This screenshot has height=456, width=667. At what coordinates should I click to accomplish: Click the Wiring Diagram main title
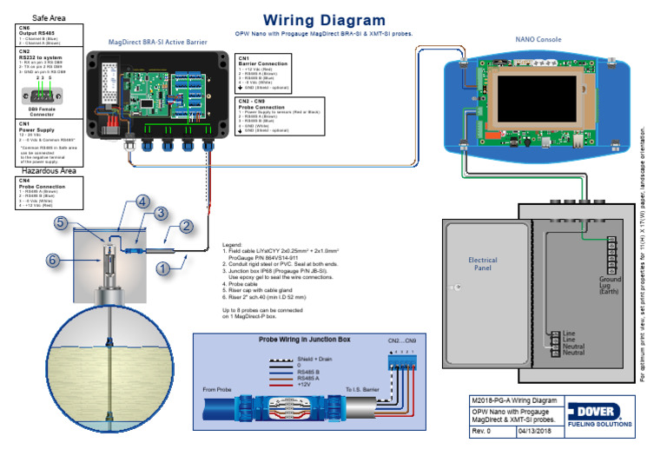(324, 20)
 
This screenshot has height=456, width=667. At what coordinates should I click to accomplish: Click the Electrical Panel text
(483, 264)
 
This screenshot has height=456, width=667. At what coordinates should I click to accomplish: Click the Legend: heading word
(232, 246)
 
